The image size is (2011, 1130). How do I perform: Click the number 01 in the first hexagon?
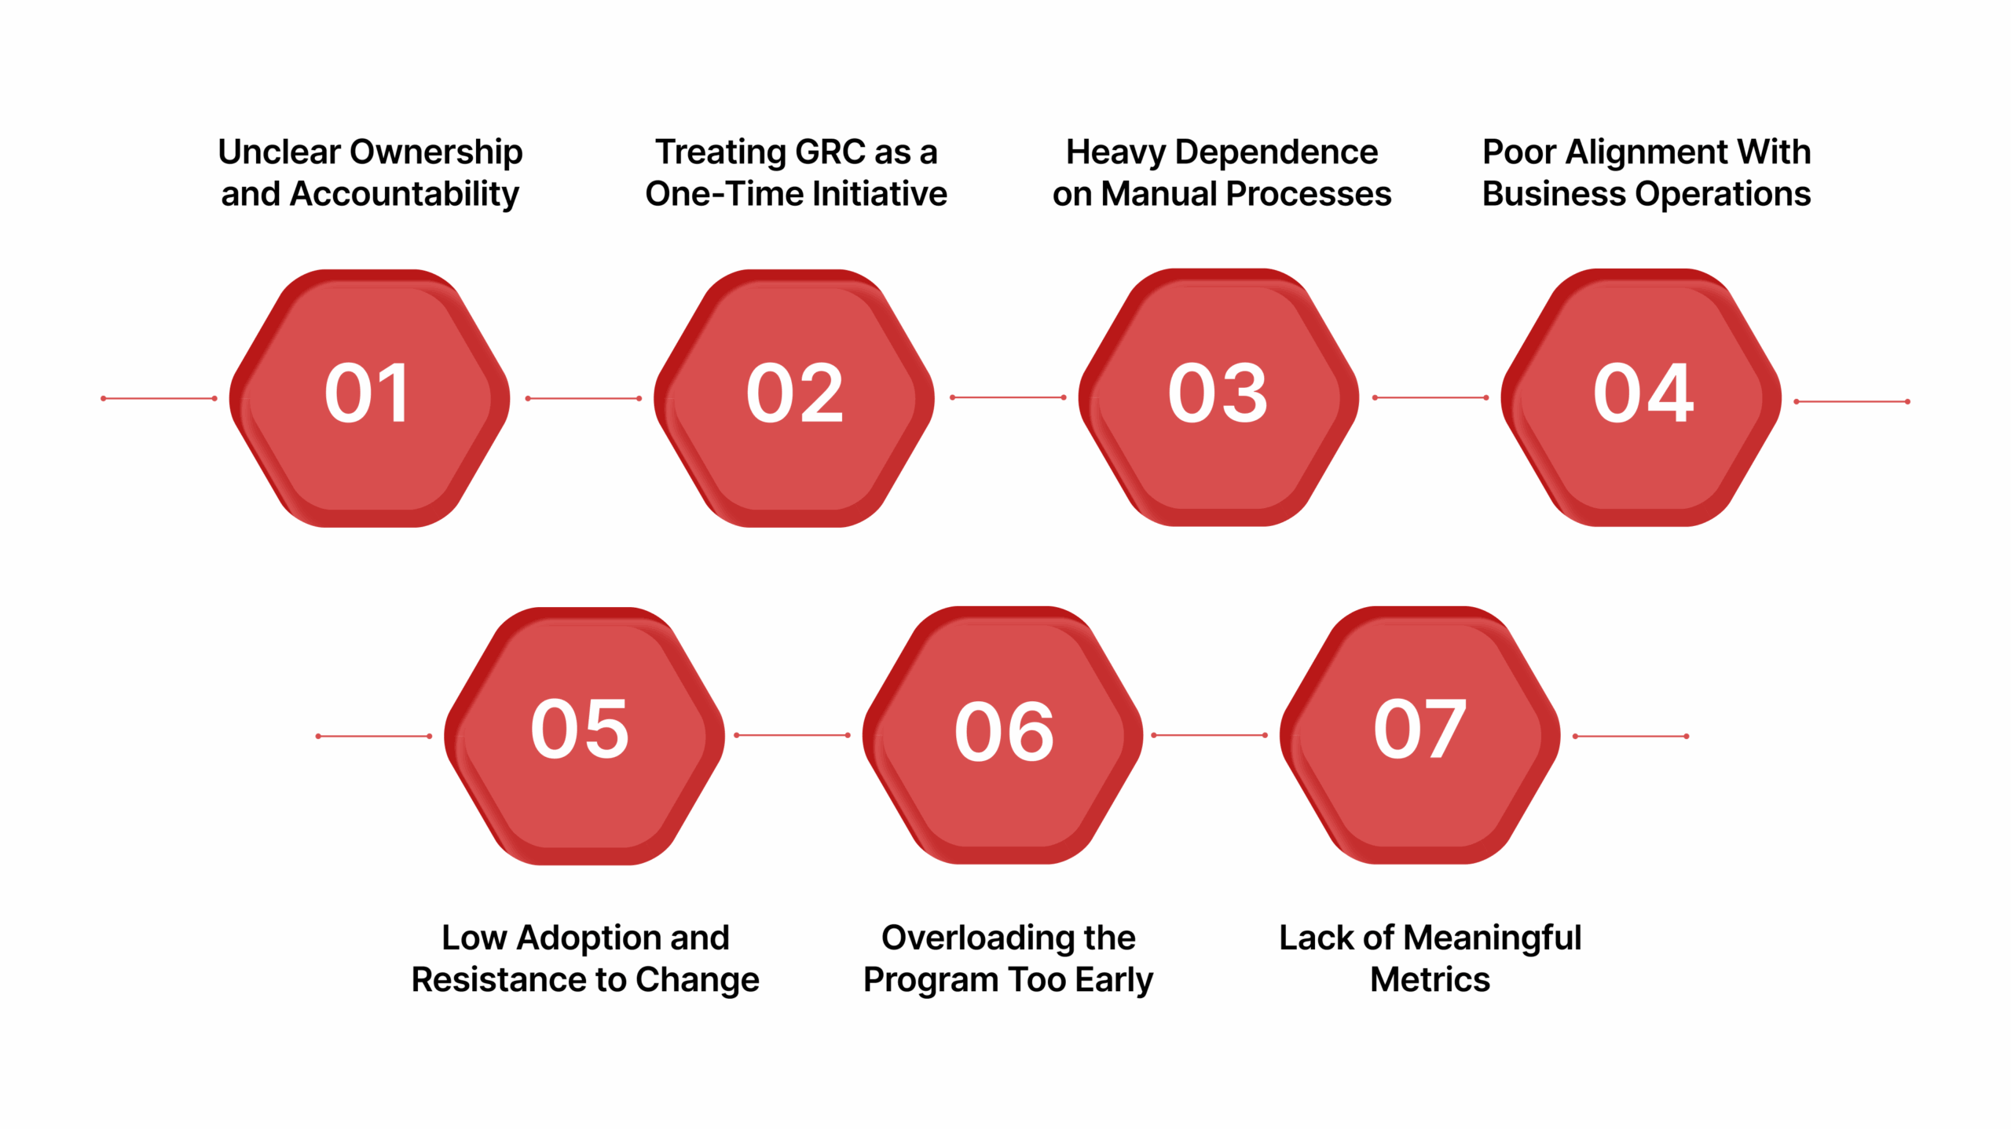pyautogui.click(x=367, y=393)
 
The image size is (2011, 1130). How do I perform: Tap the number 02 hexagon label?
pyautogui.click(x=794, y=393)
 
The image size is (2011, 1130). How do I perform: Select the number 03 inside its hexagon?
pyautogui.click(x=1218, y=393)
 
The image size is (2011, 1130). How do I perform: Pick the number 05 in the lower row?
pyautogui.click(x=580, y=730)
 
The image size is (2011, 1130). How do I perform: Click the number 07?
pyautogui.click(x=1419, y=730)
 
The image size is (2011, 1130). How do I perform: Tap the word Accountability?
pyautogui.click(x=404, y=194)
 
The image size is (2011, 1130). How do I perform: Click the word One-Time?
pyautogui.click(x=723, y=194)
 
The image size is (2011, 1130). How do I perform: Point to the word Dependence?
pyautogui.click(x=1276, y=152)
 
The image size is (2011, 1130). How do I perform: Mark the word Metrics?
pyautogui.click(x=1430, y=979)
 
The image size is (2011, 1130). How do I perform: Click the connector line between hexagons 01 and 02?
pyautogui.click(x=583, y=398)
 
